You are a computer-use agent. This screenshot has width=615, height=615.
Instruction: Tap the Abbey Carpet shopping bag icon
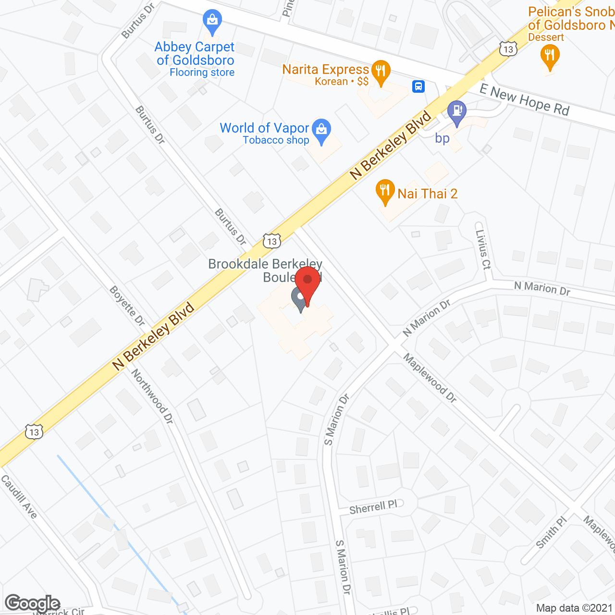[211, 21]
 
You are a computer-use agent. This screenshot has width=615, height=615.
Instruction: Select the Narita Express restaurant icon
[381, 72]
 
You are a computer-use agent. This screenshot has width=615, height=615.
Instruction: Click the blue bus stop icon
[418, 86]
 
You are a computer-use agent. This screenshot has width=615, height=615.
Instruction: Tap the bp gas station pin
[456, 112]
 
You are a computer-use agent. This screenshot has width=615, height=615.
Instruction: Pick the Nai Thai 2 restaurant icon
[384, 191]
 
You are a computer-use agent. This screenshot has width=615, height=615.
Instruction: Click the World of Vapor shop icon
[321, 130]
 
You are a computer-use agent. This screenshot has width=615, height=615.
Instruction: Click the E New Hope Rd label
[525, 99]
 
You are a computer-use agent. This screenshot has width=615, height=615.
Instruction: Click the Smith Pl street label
[552, 532]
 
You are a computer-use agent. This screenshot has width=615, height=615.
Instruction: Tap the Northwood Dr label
[152, 396]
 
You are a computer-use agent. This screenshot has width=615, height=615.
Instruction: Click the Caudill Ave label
[19, 496]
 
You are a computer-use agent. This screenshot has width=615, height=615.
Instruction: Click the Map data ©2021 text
[574, 608]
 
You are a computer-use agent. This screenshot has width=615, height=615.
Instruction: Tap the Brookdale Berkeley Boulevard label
[265, 270]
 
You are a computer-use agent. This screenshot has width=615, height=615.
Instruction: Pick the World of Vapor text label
[264, 128]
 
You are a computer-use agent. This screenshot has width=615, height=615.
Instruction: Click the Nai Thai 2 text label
[427, 194]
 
